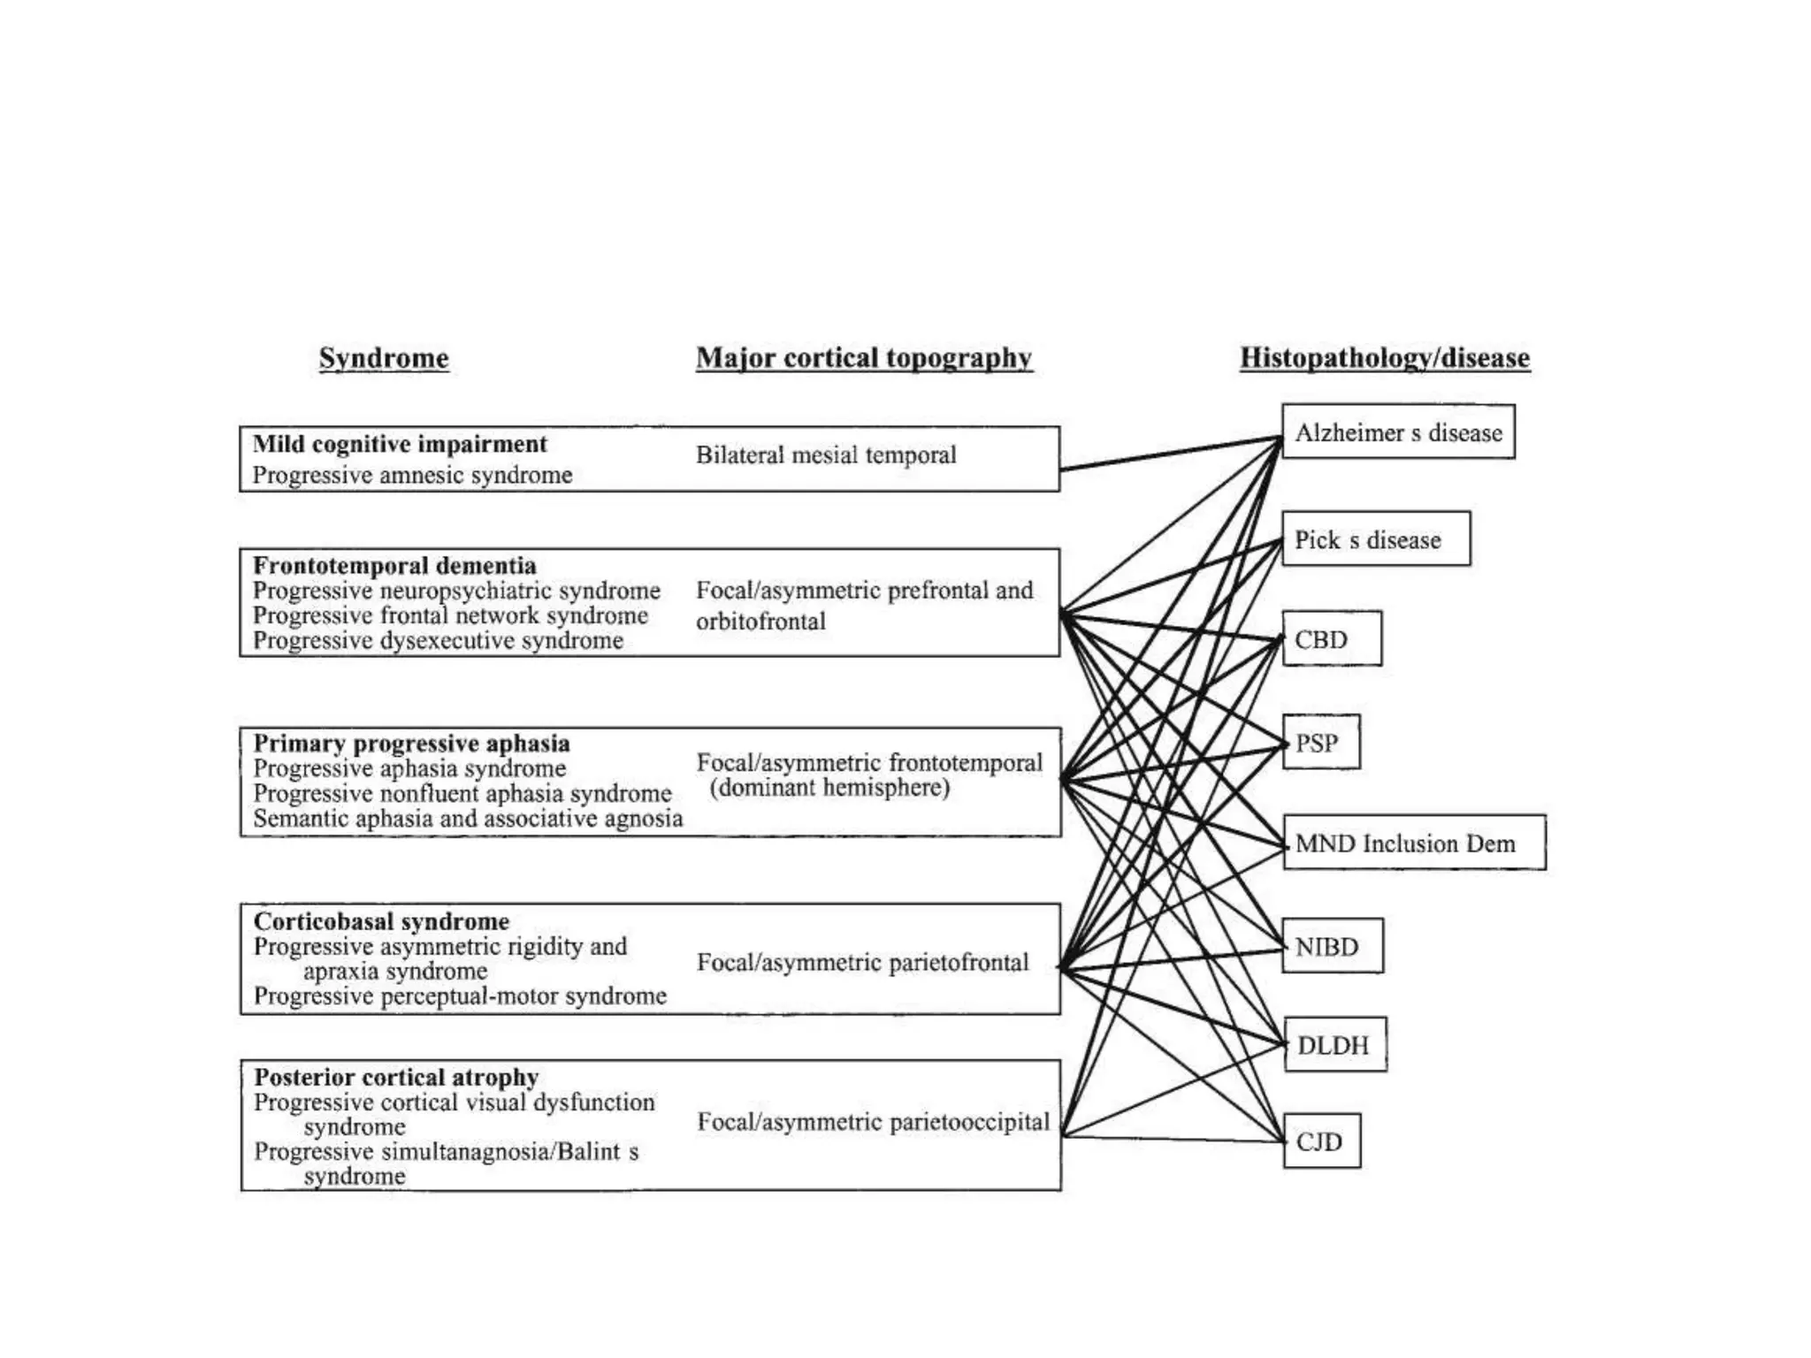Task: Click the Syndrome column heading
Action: click(384, 358)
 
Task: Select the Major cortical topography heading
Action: click(864, 358)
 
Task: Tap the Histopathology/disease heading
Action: click(1385, 358)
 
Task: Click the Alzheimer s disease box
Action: click(1398, 432)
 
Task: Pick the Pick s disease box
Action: click(1376, 539)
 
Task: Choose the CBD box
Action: click(1332, 638)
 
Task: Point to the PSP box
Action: click(1321, 743)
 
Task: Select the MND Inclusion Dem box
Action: click(1414, 843)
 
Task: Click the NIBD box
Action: click(1333, 947)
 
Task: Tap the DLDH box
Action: click(1334, 1045)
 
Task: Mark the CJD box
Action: click(1321, 1141)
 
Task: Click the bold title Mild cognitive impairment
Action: click(400, 444)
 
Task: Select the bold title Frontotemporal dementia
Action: click(394, 565)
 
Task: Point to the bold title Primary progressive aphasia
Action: click(411, 744)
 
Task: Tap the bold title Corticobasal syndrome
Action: click(381, 921)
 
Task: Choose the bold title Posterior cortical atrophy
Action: click(396, 1077)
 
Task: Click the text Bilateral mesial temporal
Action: click(826, 455)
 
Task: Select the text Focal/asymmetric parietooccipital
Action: click(873, 1122)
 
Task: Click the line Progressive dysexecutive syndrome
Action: click(438, 640)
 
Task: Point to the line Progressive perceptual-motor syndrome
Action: click(460, 996)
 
